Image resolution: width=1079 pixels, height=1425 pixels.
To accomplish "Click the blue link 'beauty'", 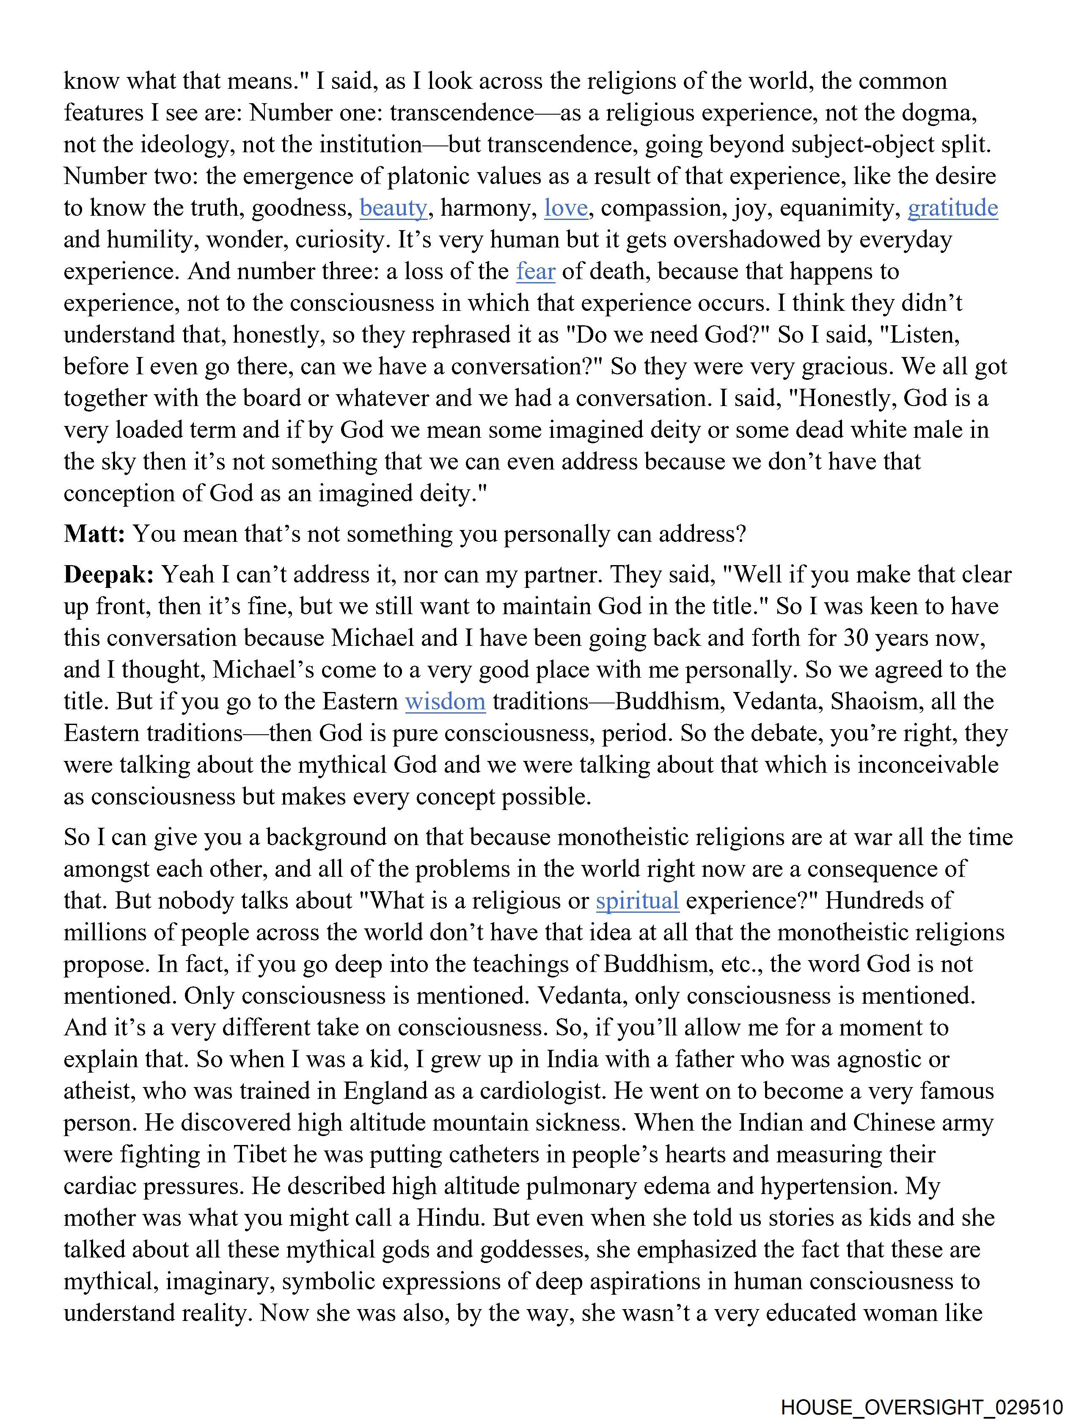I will tap(393, 208).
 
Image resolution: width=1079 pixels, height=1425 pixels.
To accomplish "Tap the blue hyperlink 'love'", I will tap(565, 208).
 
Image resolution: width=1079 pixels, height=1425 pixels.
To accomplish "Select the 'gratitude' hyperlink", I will tap(952, 208).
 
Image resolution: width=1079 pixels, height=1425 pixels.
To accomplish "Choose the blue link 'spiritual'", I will tap(637, 900).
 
